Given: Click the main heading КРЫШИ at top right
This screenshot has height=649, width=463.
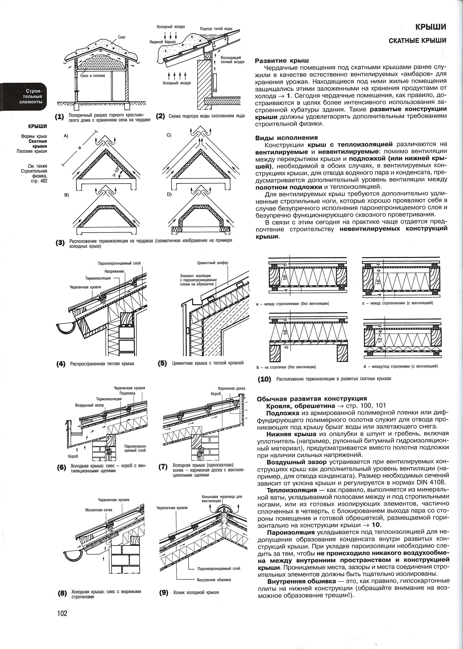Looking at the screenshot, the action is point(430,27).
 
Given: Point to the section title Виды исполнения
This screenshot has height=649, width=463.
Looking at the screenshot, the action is point(286,138).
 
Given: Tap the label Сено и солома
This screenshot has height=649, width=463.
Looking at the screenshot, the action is point(92,76).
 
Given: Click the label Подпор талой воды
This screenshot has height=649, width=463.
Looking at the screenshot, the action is point(216,29).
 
